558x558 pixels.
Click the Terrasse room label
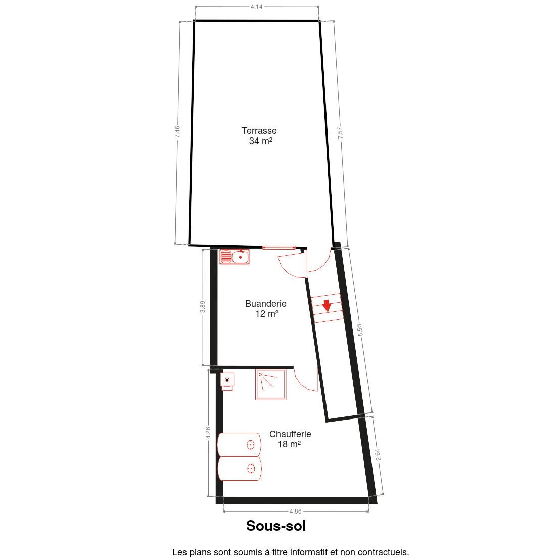[x=259, y=131]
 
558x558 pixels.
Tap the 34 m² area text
[x=260, y=141]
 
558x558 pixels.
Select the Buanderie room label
[x=265, y=304]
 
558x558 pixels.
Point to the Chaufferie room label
[x=290, y=434]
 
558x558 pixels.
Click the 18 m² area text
[x=289, y=444]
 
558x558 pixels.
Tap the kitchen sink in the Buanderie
[x=234, y=257]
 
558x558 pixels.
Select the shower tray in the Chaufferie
[x=271, y=385]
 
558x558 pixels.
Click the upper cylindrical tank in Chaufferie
[x=239, y=444]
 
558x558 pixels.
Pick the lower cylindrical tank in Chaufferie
[x=240, y=469]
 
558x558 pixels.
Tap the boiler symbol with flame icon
[x=227, y=381]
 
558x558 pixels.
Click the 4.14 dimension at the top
[x=256, y=7]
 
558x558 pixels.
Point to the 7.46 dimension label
[x=177, y=132]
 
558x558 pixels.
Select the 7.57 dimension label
[x=340, y=133]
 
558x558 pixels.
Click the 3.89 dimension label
[x=203, y=307]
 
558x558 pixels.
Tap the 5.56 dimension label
[x=360, y=330]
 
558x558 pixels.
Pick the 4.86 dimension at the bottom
[x=295, y=511]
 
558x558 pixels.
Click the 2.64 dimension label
[x=378, y=455]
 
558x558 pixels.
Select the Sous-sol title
[x=276, y=526]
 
